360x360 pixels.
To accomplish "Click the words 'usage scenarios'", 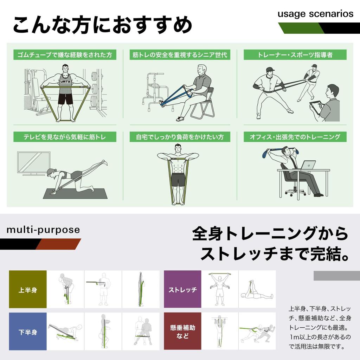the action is pyautogui.click(x=315, y=14).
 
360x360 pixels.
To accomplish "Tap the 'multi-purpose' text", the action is pyautogui.click(x=43, y=230).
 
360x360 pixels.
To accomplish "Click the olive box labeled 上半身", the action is pyautogui.click(x=28, y=289).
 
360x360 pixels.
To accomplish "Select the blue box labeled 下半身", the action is pyautogui.click(x=28, y=331).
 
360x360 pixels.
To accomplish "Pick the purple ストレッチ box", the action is pyautogui.click(x=182, y=289).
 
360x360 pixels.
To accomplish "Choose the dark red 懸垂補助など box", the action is pyautogui.click(x=182, y=331).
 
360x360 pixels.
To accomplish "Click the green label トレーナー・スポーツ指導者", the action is pyautogui.click(x=295, y=55).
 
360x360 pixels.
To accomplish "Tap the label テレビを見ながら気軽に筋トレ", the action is pyautogui.click(x=65, y=137).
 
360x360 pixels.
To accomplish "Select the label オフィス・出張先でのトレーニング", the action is pyautogui.click(x=295, y=137).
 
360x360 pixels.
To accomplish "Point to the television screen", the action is pyautogui.click(x=34, y=163).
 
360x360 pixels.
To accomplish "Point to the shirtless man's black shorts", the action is pyautogui.click(x=179, y=180).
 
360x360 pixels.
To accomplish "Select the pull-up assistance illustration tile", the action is pyautogui.click(x=220, y=331).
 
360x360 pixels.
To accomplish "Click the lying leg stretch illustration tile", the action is pyautogui.click(x=257, y=289).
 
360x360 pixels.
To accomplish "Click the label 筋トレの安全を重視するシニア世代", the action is pyautogui.click(x=180, y=55).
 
